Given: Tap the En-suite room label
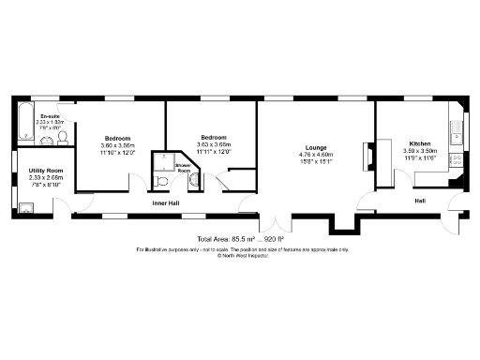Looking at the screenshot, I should [x=48, y=115].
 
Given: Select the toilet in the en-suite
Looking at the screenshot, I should [x=62, y=138].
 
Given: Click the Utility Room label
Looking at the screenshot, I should [x=47, y=171].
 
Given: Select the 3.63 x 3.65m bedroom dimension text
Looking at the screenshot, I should [x=213, y=144].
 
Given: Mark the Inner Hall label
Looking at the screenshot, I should [x=167, y=202].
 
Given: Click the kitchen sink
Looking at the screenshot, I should [x=456, y=126].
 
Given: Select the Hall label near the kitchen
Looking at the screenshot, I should [x=422, y=201].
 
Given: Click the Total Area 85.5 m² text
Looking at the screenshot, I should [x=240, y=239].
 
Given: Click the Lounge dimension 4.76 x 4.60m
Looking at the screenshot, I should [x=315, y=155].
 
